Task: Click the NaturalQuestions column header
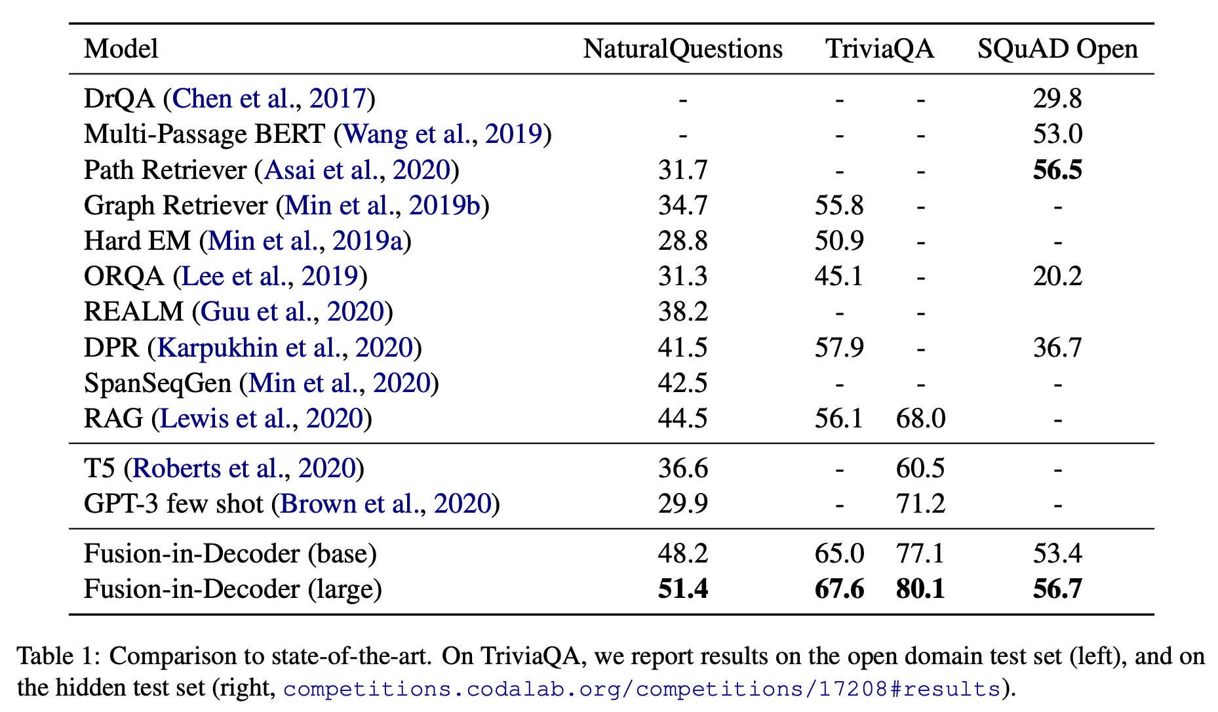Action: click(x=682, y=49)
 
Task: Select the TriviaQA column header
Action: click(x=880, y=49)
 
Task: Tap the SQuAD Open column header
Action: click(x=1057, y=49)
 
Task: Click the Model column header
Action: click(x=121, y=49)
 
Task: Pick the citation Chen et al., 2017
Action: click(x=269, y=98)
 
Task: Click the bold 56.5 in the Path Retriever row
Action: click(x=1057, y=170)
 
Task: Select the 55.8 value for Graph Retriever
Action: click(x=839, y=205)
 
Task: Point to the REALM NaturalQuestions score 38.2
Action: click(x=683, y=311)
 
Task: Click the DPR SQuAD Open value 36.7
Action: click(x=1057, y=347)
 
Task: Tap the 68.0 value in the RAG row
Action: click(x=920, y=418)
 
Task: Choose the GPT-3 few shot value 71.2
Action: click(x=920, y=504)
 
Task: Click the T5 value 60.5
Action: click(x=920, y=468)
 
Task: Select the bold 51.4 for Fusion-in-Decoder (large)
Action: click(x=683, y=589)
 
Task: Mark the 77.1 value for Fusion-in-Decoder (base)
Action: click(x=920, y=553)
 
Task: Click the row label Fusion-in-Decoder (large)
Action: click(x=233, y=589)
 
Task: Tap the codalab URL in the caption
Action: click(x=642, y=689)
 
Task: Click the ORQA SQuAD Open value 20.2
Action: click(x=1057, y=276)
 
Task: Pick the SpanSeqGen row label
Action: click(x=157, y=383)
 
